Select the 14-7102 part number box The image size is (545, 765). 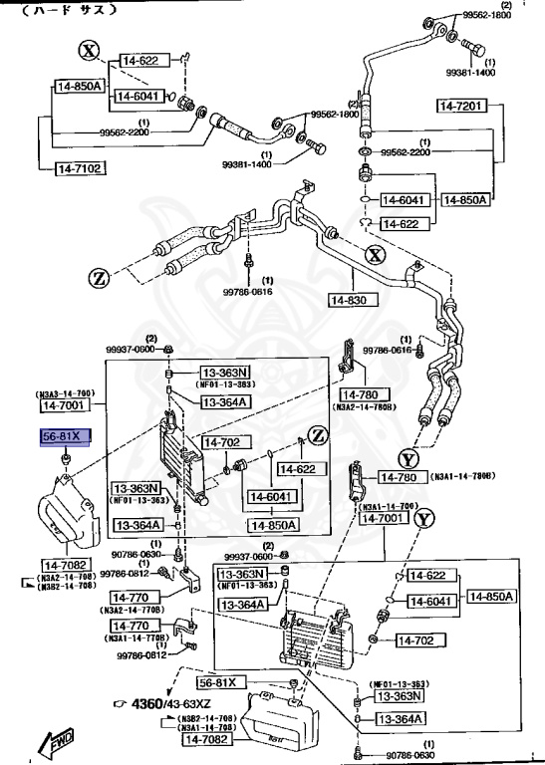pos(78,168)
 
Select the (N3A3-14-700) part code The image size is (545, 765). pos(66,393)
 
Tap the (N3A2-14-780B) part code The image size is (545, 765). pos(366,406)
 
